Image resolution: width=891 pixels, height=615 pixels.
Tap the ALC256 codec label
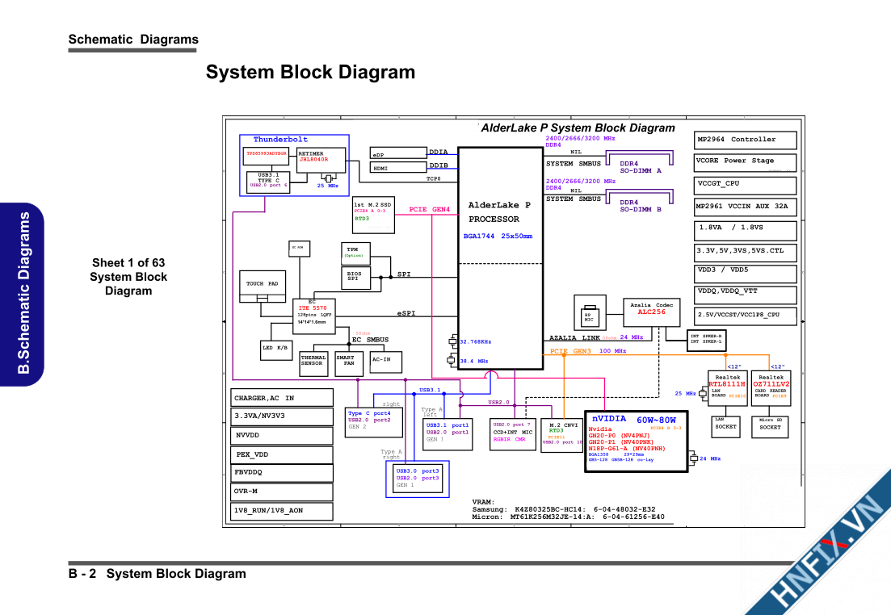tap(651, 312)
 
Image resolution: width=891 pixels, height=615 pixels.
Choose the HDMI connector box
tap(397, 168)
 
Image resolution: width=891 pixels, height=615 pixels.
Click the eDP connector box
tap(397, 153)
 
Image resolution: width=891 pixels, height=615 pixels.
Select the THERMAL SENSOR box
tap(313, 361)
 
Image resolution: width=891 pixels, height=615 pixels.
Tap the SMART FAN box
tap(345, 361)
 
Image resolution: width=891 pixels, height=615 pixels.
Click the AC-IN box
tap(385, 361)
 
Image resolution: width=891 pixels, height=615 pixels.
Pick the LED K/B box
tap(275, 348)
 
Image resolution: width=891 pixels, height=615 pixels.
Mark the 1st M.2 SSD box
tap(375, 214)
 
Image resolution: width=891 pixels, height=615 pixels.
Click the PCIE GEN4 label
tap(429, 210)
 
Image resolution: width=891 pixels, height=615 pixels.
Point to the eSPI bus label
tap(406, 312)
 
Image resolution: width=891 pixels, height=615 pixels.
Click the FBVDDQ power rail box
tap(282, 472)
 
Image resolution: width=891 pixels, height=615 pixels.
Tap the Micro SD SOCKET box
tap(771, 426)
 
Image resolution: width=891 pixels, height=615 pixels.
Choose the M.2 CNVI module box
tap(562, 433)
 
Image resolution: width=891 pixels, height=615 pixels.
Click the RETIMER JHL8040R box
tap(321, 160)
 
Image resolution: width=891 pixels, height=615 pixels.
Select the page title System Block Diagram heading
tap(310, 73)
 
